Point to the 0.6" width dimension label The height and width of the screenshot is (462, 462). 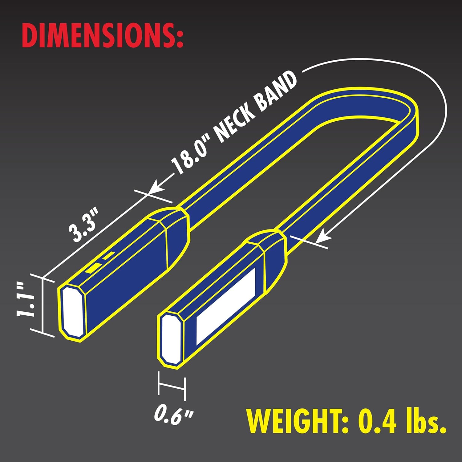[x=173, y=414]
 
